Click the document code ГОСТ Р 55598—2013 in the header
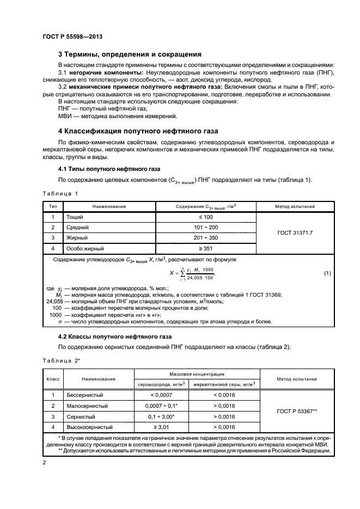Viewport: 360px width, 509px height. [72, 36]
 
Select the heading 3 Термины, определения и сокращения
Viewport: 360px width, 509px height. [130, 54]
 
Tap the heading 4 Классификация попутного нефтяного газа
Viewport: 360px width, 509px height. [137, 131]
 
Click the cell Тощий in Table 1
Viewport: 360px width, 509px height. [75, 217]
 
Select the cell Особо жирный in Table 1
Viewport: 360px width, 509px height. [85, 248]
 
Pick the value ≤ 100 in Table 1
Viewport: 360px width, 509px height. [206, 217]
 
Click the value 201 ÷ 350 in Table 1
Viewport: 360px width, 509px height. [206, 238]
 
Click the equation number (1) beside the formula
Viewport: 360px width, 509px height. [327, 272]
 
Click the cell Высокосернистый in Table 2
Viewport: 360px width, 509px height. [89, 427]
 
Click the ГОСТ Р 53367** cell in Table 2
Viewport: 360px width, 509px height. [296, 410]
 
